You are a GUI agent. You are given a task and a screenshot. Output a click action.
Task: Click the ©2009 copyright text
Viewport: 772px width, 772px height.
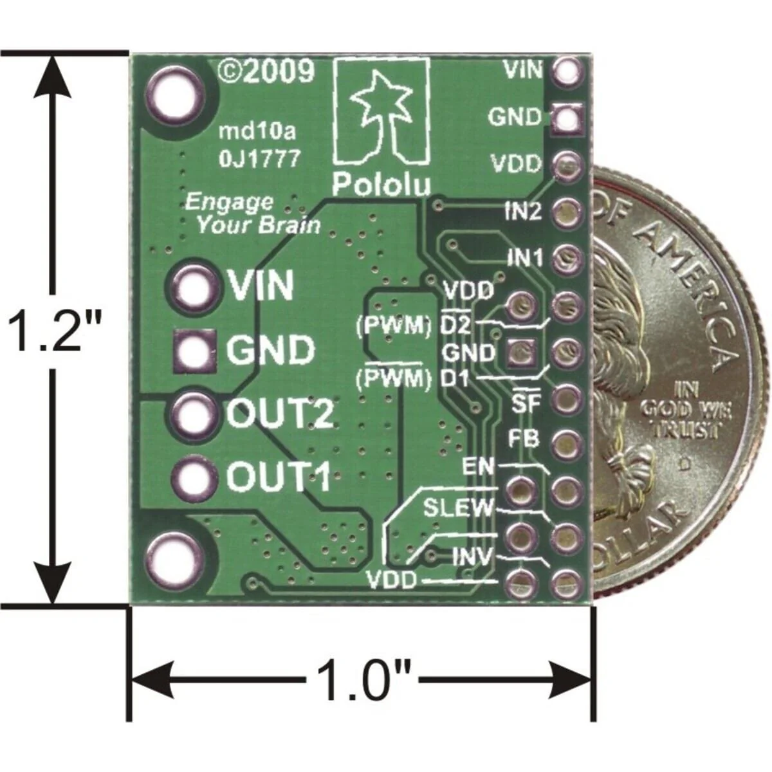pos(266,71)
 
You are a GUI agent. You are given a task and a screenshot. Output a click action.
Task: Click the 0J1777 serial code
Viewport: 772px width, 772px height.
pos(259,158)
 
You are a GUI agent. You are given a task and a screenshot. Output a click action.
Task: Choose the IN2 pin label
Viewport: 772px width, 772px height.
pos(522,212)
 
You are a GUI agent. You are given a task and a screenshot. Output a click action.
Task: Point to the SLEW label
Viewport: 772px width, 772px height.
pos(458,508)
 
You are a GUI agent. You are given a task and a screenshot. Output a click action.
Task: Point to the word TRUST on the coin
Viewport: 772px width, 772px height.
pos(686,430)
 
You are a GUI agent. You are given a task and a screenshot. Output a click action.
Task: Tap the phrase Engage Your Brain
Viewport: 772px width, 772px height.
pos(251,214)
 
